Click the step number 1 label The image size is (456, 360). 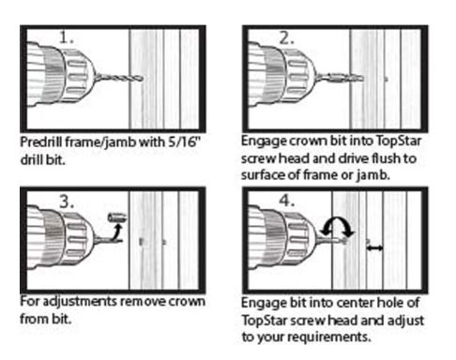tap(67, 37)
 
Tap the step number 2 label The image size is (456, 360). tap(286, 38)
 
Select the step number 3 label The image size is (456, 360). tap(67, 202)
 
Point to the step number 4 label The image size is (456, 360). tap(287, 201)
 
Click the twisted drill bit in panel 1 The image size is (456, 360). tap(119, 78)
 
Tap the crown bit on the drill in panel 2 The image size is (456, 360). tap(341, 78)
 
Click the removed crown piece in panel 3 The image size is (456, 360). tap(117, 217)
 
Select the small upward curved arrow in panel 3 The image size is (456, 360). tap(117, 232)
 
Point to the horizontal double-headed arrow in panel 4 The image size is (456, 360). tap(374, 248)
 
